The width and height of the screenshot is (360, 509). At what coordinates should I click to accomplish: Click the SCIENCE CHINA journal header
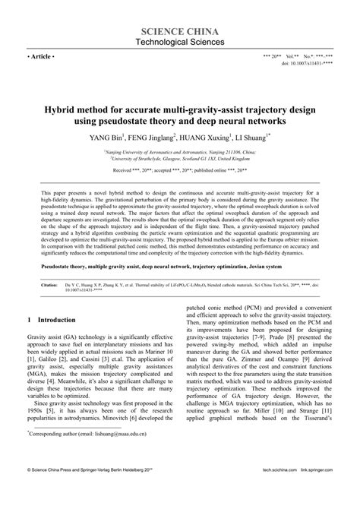click(179, 30)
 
